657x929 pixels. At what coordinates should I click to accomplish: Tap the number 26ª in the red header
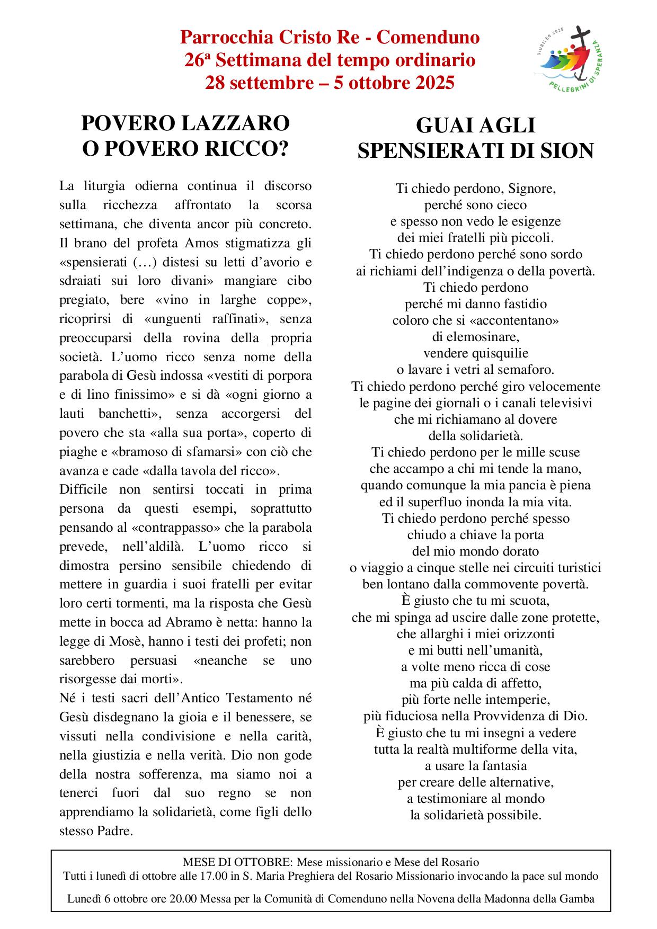(198, 60)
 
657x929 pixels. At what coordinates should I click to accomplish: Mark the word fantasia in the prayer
(501, 765)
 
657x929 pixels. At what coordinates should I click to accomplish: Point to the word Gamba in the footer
(578, 899)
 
